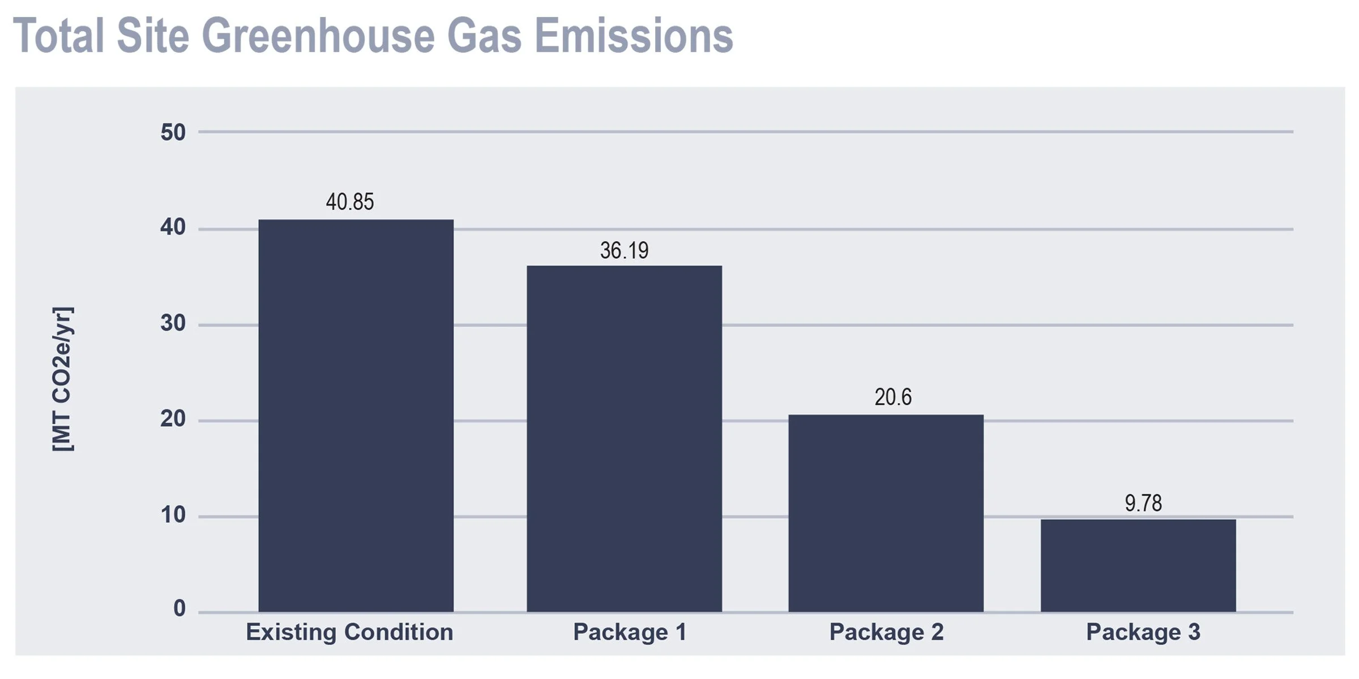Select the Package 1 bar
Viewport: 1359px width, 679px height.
624,438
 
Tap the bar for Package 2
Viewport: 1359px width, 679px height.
886,513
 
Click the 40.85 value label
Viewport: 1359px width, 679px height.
350,202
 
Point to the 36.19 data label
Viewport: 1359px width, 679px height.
624,250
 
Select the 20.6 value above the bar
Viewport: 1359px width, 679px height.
893,397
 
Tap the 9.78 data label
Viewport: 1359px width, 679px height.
1143,503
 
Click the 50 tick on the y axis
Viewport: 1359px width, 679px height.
173,133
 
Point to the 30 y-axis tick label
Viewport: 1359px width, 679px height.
173,323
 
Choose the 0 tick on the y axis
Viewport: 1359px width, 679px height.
180,608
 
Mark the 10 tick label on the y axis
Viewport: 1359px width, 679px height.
173,515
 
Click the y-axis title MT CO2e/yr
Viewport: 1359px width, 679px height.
62,379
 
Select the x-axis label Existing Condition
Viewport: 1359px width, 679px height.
349,632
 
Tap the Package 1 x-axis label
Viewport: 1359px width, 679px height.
630,632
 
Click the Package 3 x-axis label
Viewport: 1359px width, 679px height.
1143,632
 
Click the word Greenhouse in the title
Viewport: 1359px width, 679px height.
318,36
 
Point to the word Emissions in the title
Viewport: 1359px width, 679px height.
634,36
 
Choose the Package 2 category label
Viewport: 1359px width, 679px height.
886,632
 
